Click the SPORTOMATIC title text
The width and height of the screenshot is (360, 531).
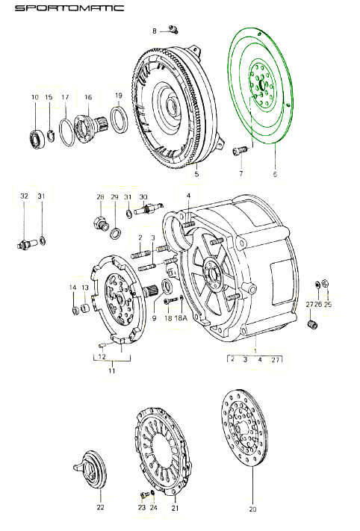(x=69, y=8)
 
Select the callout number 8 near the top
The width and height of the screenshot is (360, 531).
(x=155, y=31)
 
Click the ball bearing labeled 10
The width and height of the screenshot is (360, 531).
(x=37, y=140)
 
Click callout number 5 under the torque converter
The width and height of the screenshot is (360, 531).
(x=196, y=174)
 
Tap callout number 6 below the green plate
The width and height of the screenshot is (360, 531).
(x=275, y=174)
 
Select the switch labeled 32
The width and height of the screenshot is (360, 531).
(x=25, y=243)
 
